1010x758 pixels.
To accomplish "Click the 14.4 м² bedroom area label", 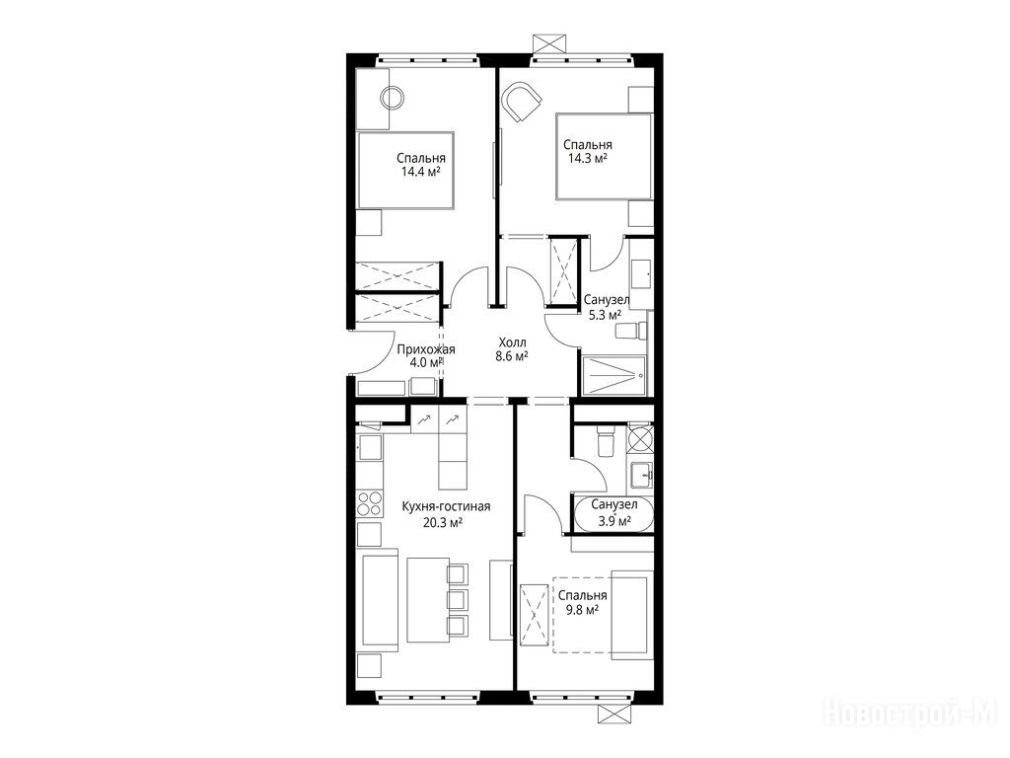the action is (x=420, y=172).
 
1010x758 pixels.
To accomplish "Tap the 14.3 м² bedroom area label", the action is (x=588, y=159).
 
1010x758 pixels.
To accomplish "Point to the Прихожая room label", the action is (x=426, y=350).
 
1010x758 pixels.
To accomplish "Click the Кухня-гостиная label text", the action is (x=446, y=506).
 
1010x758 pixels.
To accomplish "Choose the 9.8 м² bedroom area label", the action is (x=583, y=609).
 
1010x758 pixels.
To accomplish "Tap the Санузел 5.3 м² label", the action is (x=607, y=308).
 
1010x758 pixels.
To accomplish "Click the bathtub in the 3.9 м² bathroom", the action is (x=613, y=514).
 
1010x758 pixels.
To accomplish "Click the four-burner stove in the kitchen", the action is (x=369, y=502).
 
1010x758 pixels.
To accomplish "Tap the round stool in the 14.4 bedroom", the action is (x=392, y=98).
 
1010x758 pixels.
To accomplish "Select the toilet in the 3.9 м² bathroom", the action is (x=607, y=440).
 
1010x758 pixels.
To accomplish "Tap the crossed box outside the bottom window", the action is (x=613, y=714).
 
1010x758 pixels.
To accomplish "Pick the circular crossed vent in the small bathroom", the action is (x=640, y=436).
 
